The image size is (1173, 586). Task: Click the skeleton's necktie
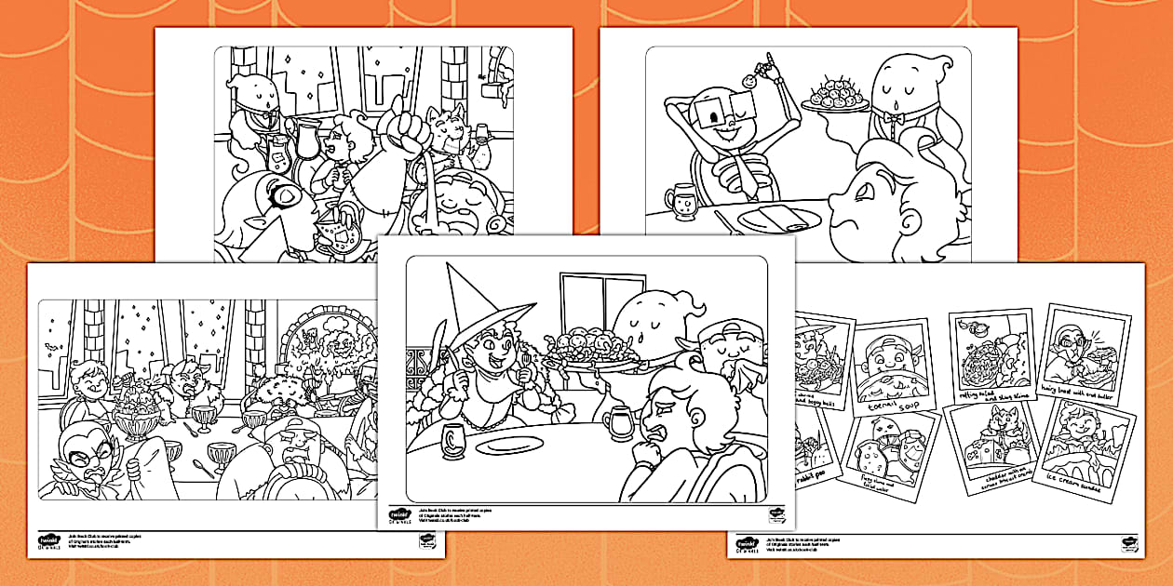pos(744,177)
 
